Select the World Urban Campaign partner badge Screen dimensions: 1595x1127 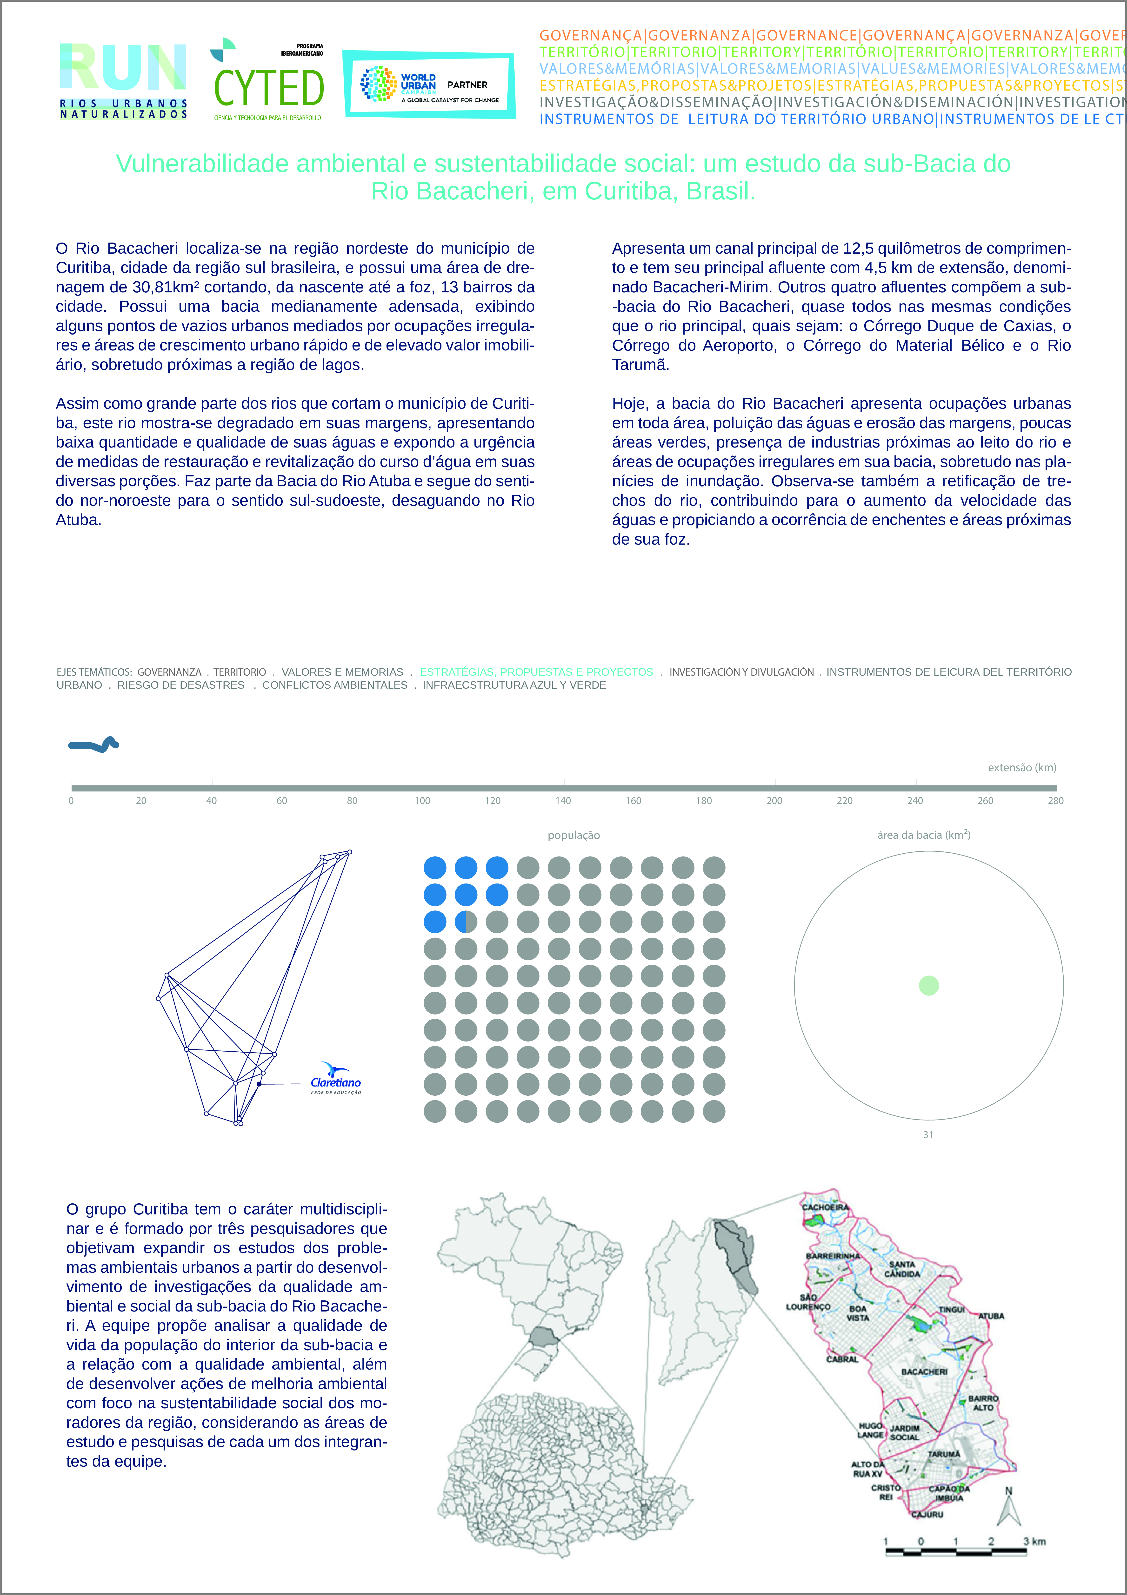click(429, 85)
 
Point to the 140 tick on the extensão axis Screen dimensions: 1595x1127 click(563, 800)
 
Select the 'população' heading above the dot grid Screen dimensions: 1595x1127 click(573, 835)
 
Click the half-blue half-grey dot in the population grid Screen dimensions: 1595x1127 click(466, 922)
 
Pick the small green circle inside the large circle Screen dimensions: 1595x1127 click(928, 985)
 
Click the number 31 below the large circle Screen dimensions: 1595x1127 click(927, 1134)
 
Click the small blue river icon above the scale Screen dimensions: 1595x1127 click(94, 745)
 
